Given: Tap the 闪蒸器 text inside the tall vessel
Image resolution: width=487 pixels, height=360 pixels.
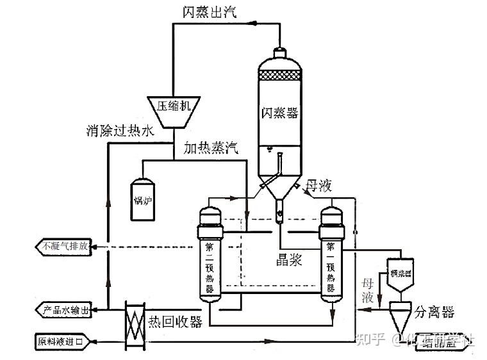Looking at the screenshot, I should pos(280,113).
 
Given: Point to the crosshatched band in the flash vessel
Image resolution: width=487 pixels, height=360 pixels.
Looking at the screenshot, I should pos(280,72).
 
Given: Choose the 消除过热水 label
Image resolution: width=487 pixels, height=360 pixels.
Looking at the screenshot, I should pos(120,131).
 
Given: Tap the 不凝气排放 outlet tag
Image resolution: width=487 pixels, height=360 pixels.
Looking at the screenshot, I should pos(65,246).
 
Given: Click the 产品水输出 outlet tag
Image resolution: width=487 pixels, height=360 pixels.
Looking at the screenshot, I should pos(65,310).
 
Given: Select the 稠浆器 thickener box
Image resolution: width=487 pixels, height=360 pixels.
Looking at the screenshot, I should pos(401,274).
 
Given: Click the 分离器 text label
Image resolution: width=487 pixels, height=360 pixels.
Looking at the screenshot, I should pos(434,312).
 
